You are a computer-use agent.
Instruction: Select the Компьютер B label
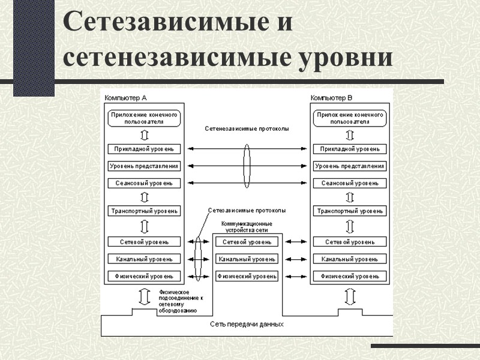tap(332, 98)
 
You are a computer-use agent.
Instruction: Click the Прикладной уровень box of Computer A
tap(144, 149)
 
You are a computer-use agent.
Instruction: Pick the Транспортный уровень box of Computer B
tap(350, 211)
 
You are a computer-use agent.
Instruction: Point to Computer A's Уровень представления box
tap(144, 166)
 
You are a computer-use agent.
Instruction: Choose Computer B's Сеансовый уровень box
tap(350, 183)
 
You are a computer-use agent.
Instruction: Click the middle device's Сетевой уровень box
tap(247, 242)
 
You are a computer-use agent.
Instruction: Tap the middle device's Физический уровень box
tap(247, 277)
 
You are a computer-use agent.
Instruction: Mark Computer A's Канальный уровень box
tap(144, 259)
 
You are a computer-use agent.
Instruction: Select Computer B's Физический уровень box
tap(350, 277)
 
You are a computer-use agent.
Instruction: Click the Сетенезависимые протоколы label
tap(246, 129)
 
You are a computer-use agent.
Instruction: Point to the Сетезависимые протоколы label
tap(247, 211)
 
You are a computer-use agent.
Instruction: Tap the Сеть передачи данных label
tap(247, 324)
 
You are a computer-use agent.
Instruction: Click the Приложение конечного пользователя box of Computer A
tap(144, 118)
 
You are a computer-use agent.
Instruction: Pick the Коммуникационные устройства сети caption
tap(247, 226)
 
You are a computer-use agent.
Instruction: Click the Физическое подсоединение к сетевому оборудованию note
tap(181, 301)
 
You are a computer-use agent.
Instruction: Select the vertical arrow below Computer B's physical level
tap(350, 296)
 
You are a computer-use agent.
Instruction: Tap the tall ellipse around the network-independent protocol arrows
tap(247, 165)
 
